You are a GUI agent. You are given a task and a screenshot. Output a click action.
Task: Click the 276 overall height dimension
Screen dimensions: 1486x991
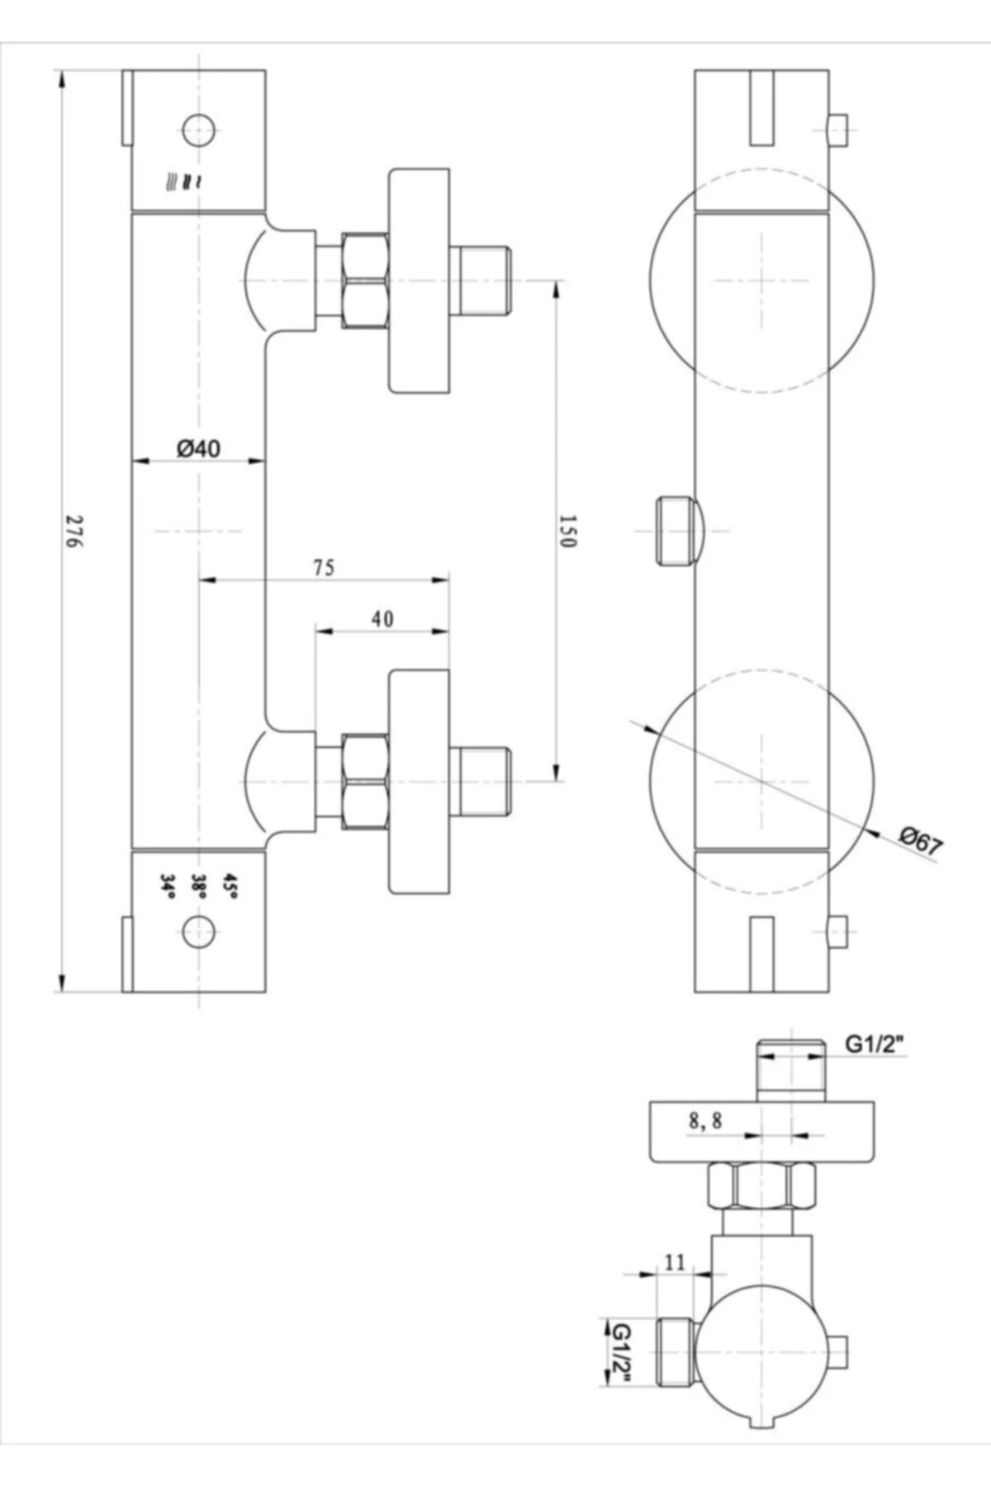point(74,532)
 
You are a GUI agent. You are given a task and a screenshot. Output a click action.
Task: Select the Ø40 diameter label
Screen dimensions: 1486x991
point(198,448)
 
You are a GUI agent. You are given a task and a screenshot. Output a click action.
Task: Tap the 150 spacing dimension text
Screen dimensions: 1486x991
point(568,531)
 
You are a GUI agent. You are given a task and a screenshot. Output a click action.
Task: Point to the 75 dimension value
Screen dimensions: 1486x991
point(324,568)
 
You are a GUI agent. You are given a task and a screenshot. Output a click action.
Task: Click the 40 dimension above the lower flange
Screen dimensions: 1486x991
point(382,619)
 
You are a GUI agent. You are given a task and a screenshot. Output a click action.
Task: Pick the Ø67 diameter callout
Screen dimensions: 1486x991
point(921,842)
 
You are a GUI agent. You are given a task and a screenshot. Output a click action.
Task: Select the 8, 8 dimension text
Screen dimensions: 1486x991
point(705,1121)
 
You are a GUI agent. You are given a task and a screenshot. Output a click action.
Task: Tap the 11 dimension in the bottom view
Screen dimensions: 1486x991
point(675,1262)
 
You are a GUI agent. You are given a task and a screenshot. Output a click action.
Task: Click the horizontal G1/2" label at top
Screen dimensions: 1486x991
point(875,1044)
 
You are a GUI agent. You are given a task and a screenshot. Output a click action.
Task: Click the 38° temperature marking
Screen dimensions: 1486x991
point(198,886)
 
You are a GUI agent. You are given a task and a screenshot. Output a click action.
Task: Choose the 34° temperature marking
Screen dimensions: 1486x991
point(168,886)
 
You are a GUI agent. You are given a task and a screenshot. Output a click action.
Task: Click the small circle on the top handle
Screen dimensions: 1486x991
point(198,130)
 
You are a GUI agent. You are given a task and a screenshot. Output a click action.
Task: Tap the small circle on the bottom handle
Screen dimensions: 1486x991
point(198,932)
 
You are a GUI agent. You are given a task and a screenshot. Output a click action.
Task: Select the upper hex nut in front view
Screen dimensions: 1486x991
point(364,281)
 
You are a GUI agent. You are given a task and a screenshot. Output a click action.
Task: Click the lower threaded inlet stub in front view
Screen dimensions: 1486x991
point(484,780)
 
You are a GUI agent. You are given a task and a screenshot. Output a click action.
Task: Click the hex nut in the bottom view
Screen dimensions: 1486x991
point(761,1185)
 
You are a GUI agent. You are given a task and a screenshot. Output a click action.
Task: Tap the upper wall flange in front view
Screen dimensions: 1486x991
point(420,281)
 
